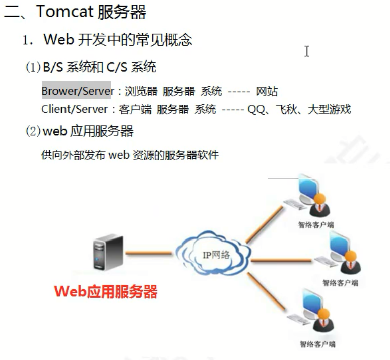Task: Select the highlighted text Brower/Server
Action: pos(76,92)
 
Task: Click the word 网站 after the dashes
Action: pos(267,92)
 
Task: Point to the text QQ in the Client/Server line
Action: pos(256,109)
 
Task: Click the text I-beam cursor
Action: pos(306,51)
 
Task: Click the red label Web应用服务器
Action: pos(105,292)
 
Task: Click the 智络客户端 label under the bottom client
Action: pos(317,344)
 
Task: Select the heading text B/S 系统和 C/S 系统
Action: pos(99,67)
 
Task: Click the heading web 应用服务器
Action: pos(88,132)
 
